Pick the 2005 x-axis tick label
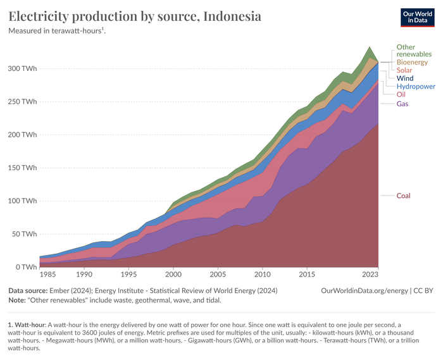218,276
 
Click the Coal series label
404,196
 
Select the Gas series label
403,103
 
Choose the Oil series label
402,94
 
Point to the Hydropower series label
416,86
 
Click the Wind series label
405,78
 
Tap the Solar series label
405,70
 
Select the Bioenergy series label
413,62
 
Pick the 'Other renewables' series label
414,51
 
